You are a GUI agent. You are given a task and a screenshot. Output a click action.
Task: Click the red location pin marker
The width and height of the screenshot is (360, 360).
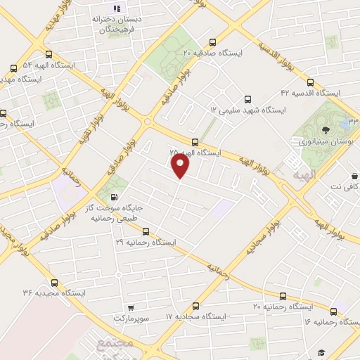click(181, 166)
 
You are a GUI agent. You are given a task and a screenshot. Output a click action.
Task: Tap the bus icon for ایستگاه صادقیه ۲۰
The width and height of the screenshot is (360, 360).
click(213, 41)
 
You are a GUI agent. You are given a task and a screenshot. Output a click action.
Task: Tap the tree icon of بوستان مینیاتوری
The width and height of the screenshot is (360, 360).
click(325, 129)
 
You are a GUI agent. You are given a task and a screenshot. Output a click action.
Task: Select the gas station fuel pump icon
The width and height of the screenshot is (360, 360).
click(115, 198)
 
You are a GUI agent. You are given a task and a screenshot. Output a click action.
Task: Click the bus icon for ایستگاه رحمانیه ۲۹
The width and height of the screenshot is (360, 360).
click(146, 231)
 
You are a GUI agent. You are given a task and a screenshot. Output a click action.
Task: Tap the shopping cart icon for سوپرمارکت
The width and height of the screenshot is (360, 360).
click(131, 307)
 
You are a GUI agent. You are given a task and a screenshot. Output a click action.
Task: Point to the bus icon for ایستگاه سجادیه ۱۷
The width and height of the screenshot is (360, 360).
click(195, 306)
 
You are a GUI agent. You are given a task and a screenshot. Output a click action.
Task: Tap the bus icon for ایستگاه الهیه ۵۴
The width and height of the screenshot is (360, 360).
click(13, 69)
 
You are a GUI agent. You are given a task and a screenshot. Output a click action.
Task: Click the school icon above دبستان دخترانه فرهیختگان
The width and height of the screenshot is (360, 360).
click(117, 8)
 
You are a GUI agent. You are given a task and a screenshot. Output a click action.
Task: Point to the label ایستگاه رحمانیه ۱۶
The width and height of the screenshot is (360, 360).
click(328, 321)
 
